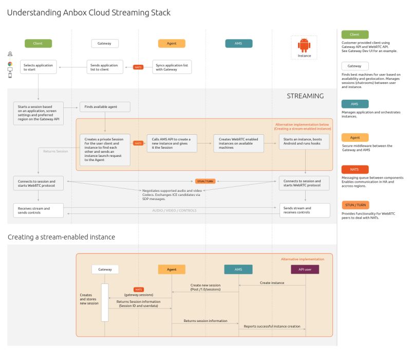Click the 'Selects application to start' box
tap(39, 67)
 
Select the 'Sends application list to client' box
tap(105, 67)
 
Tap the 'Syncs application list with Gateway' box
tap(172, 67)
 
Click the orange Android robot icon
tap(304, 46)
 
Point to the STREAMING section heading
tap(305, 96)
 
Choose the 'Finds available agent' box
tap(105, 107)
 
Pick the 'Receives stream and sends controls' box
tap(39, 210)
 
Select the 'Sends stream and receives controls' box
tap(304, 210)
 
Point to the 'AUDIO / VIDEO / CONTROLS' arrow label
tap(174, 210)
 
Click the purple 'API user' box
tap(305, 269)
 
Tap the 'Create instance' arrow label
tap(272, 283)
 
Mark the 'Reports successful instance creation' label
tap(271, 326)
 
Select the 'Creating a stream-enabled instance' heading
tap(61, 237)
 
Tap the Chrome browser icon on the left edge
tap(10, 64)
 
